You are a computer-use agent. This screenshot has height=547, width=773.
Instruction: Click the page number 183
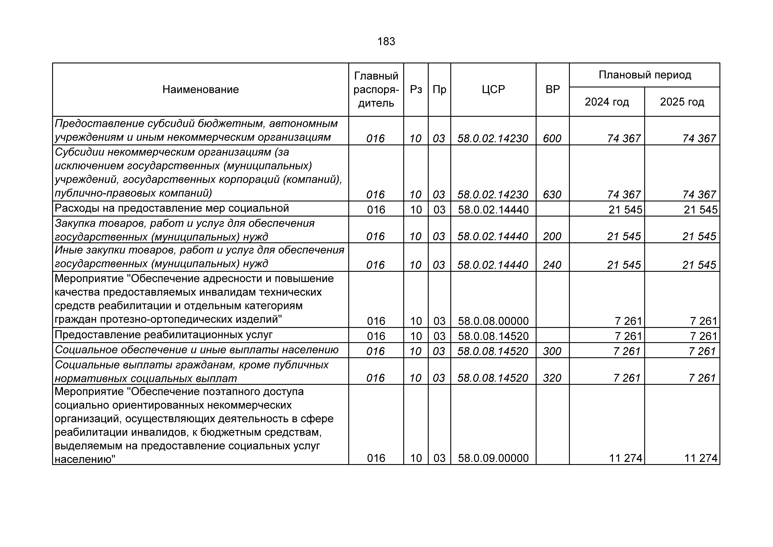pyautogui.click(x=386, y=41)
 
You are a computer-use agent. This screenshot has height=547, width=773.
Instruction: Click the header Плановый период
pyautogui.click(x=644, y=75)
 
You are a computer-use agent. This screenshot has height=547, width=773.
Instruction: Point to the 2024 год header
pyautogui.click(x=607, y=102)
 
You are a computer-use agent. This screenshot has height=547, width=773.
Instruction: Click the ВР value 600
pyautogui.click(x=552, y=138)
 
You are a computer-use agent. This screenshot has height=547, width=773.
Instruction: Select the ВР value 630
pyautogui.click(x=552, y=194)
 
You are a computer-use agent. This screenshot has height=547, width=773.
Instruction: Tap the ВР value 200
pyautogui.click(x=552, y=236)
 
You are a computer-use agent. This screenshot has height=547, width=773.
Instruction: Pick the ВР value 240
pyautogui.click(x=552, y=265)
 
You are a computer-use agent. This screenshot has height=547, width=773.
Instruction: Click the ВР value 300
pyautogui.click(x=552, y=351)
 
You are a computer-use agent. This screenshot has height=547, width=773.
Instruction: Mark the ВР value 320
pyautogui.click(x=552, y=378)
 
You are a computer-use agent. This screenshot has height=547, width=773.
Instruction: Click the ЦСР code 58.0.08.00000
pyautogui.click(x=493, y=321)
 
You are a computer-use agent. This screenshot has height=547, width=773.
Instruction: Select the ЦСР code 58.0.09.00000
pyautogui.click(x=493, y=458)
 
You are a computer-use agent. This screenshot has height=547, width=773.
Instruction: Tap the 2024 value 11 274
pyautogui.click(x=626, y=458)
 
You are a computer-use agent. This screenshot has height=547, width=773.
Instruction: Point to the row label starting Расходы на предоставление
pyautogui.click(x=172, y=208)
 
